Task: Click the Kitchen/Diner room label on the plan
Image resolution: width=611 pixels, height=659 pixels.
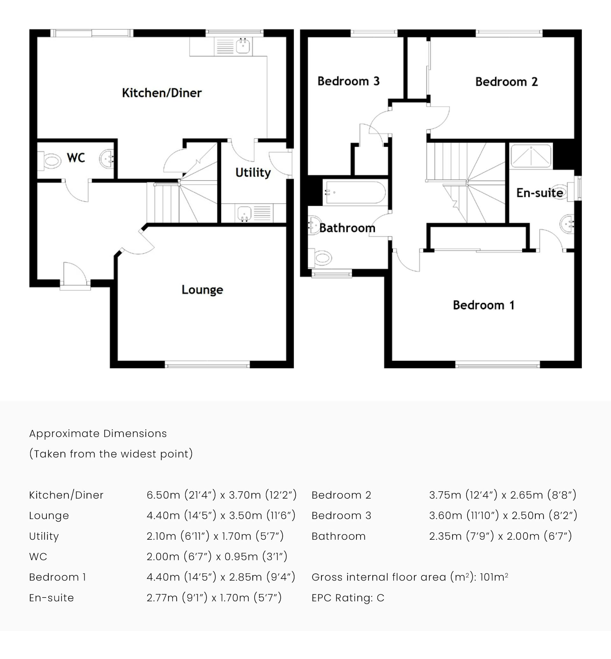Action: click(x=162, y=93)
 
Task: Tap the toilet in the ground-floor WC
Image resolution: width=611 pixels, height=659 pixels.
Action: click(x=50, y=161)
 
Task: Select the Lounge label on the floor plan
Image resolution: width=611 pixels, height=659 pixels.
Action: click(x=202, y=290)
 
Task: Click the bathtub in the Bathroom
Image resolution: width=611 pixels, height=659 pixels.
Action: click(x=355, y=193)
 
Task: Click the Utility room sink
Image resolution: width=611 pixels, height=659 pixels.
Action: click(x=244, y=213)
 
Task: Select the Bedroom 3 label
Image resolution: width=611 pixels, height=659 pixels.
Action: click(x=348, y=81)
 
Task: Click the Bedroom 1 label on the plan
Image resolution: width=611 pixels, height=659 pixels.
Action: click(x=483, y=305)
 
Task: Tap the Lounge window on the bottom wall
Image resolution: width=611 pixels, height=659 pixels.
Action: click(x=207, y=365)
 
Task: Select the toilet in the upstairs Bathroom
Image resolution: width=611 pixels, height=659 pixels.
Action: click(x=321, y=258)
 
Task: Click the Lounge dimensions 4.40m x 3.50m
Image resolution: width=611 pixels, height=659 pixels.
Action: click(x=221, y=515)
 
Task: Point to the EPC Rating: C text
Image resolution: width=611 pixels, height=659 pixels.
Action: click(x=348, y=598)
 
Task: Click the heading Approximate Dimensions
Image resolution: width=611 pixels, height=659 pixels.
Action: click(x=98, y=433)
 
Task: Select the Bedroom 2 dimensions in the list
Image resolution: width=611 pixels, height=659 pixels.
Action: click(x=502, y=495)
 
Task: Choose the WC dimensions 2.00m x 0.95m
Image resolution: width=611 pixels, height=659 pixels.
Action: click(x=217, y=557)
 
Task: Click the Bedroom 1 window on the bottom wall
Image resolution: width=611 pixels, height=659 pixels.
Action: click(x=497, y=365)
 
